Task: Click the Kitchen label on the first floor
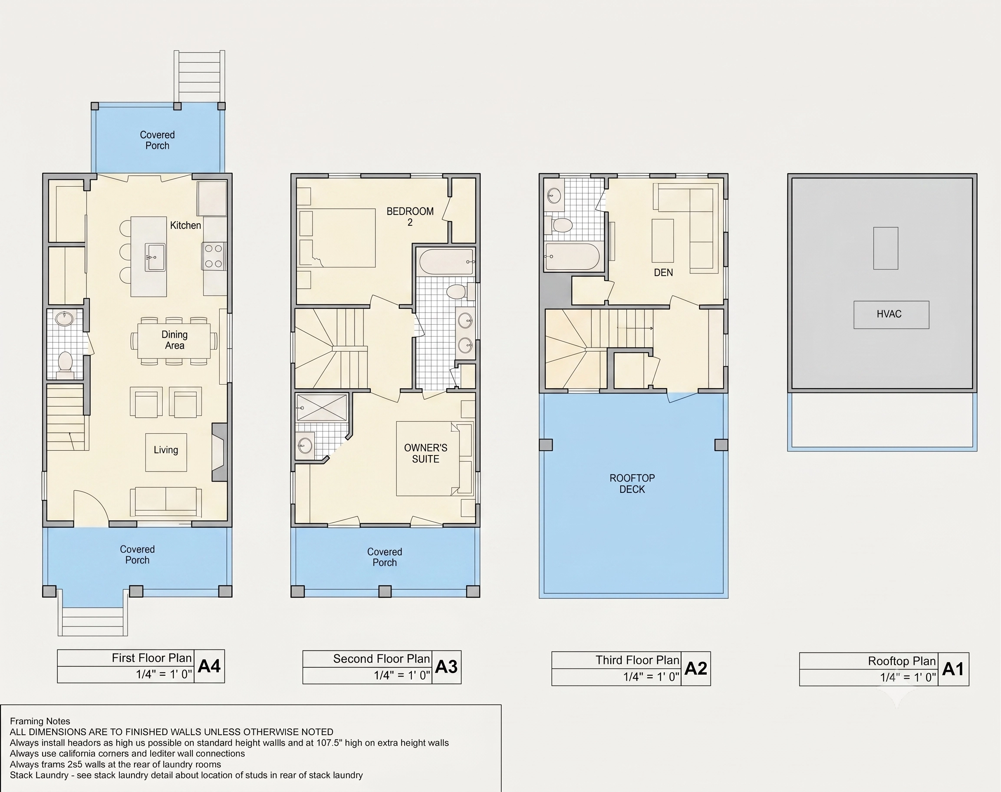coord(185,225)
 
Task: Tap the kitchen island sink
coord(155,257)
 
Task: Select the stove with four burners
coord(214,256)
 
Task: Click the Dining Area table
coord(174,340)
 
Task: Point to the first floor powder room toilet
coord(66,364)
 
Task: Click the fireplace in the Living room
coord(219,452)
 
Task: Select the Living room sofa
coord(165,502)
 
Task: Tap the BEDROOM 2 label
coord(410,217)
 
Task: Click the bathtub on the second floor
coord(447,261)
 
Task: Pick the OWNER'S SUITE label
coord(426,453)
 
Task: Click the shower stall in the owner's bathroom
coord(321,408)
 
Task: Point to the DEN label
coord(663,273)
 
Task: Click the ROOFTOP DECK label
coord(632,484)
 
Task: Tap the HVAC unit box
coord(891,315)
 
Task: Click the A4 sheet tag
coord(209,667)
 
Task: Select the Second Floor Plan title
coord(382,659)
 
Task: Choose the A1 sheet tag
coord(953,669)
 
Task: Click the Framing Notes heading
coord(40,721)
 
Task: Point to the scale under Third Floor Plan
coord(651,677)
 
